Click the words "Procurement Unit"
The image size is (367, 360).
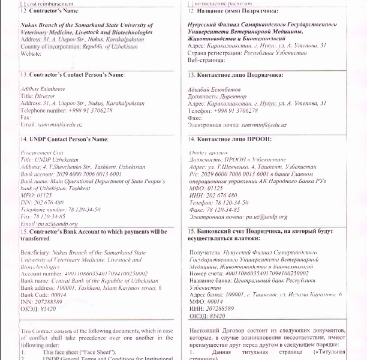[x=38, y=153]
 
